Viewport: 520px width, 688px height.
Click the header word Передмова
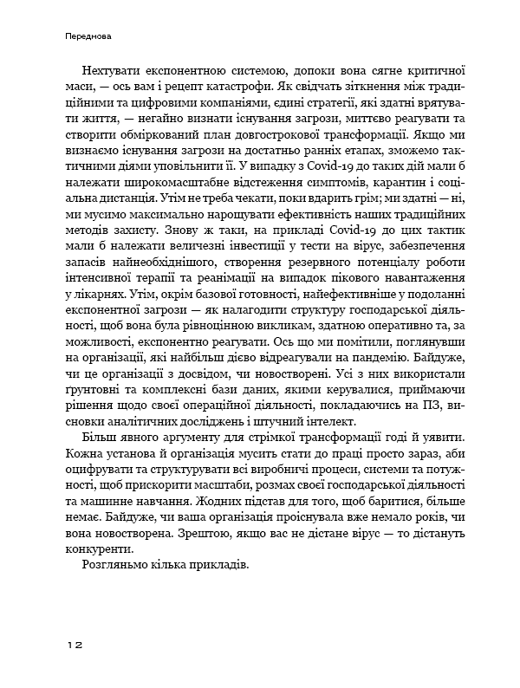point(89,37)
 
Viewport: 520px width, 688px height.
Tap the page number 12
point(74,645)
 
